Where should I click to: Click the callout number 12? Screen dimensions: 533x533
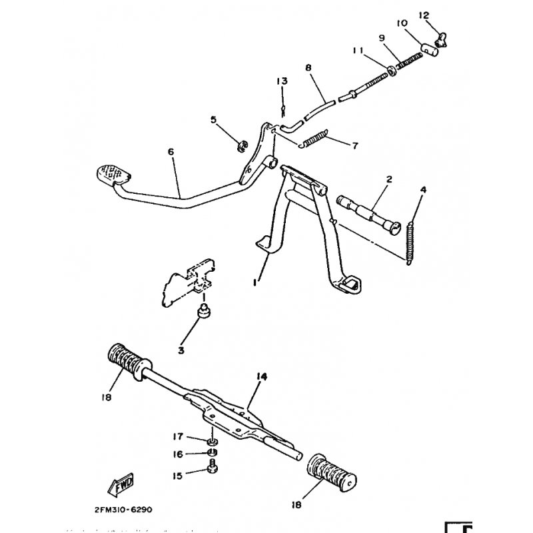[424, 15]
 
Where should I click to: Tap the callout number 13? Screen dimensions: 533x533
[282, 81]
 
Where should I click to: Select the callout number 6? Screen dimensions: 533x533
[171, 152]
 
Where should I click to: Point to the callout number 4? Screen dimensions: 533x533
[422, 190]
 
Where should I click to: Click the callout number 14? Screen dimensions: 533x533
[261, 376]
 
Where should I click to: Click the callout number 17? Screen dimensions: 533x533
[178, 437]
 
